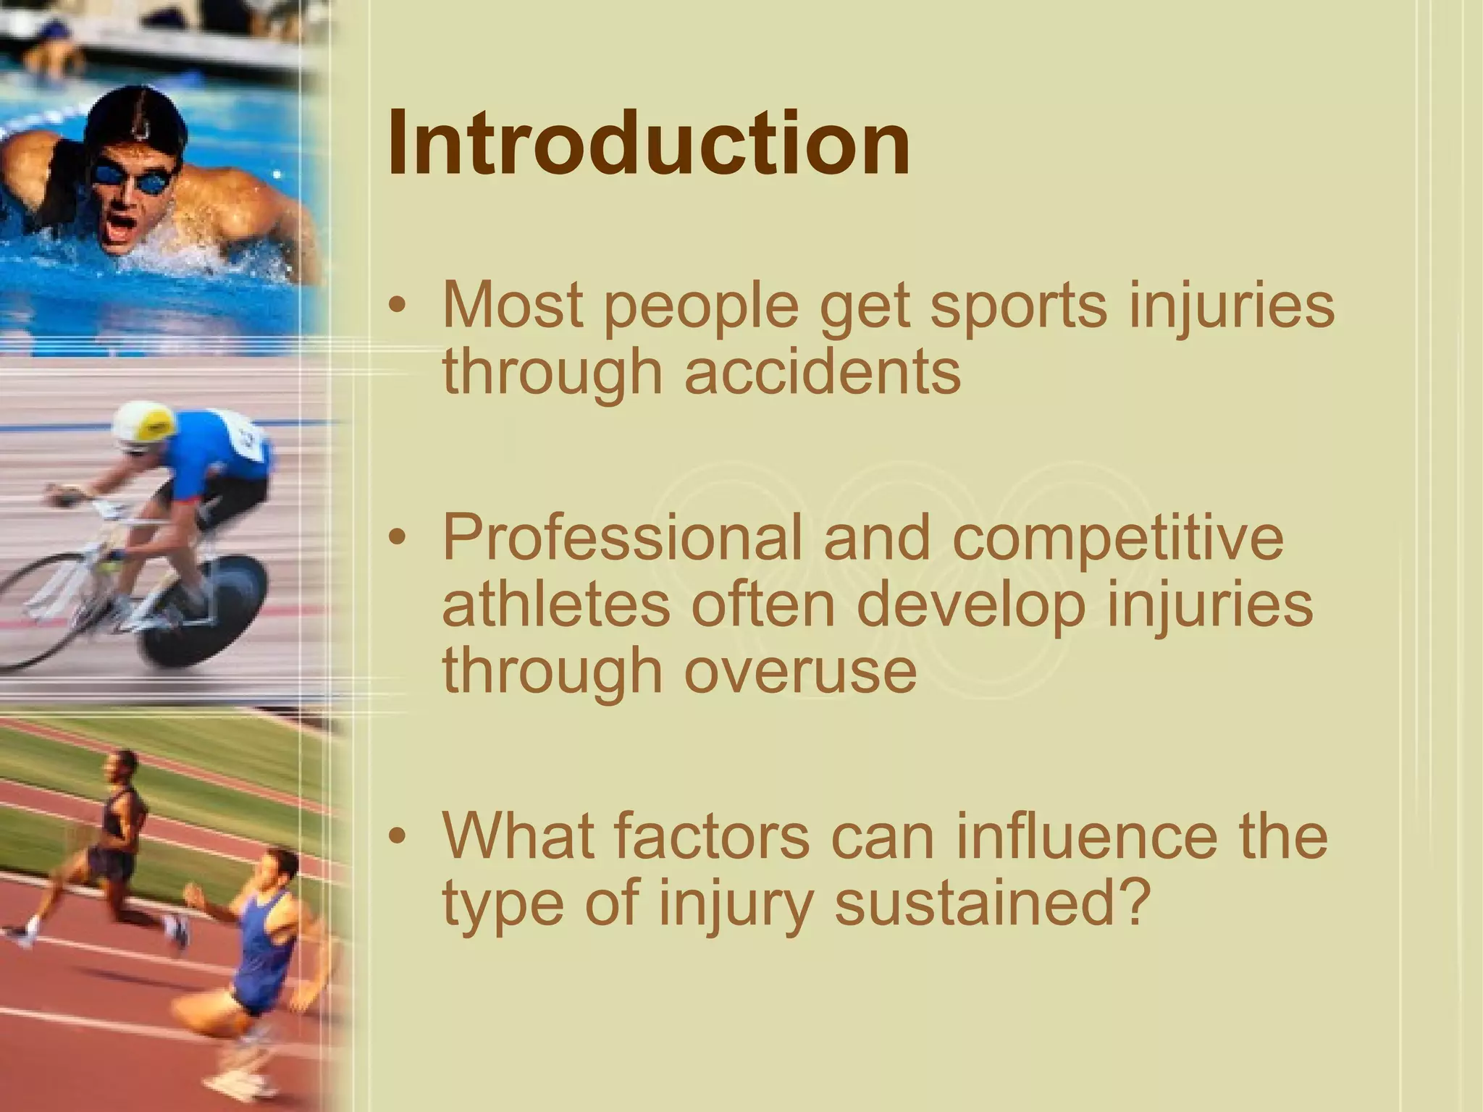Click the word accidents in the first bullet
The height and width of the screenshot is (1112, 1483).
[x=823, y=371]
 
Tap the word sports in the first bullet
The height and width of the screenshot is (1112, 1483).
[x=1018, y=306]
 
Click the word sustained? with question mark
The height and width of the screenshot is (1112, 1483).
[x=992, y=903]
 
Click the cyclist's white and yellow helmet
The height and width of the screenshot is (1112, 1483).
[x=145, y=424]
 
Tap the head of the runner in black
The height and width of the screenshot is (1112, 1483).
[x=123, y=767]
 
